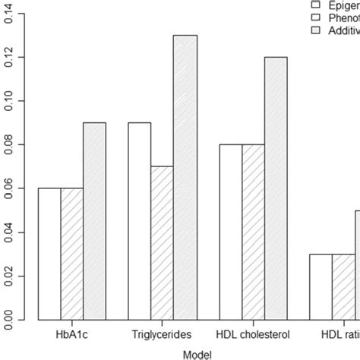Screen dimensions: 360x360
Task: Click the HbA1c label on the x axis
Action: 72,333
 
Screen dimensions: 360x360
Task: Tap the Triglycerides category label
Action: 162,333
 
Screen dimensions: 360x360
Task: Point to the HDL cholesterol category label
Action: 252,333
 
